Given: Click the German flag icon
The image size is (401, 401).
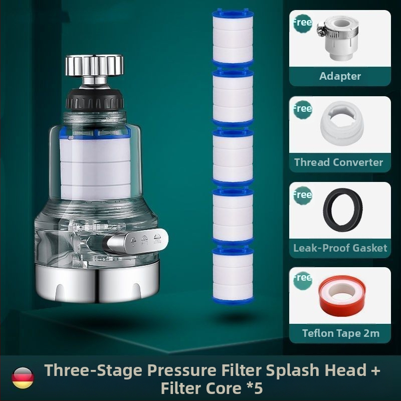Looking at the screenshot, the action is (x=23, y=378).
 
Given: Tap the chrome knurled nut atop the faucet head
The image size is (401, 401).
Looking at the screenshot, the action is (x=94, y=65).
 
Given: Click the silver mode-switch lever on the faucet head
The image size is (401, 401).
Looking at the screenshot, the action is (x=137, y=241).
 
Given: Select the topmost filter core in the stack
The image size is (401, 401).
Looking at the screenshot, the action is (x=233, y=37).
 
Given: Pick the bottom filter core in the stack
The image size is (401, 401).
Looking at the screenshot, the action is (x=233, y=275).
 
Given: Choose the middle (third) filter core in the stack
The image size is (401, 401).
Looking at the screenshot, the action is (x=233, y=156).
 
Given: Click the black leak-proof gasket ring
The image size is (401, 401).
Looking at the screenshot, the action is (x=343, y=210).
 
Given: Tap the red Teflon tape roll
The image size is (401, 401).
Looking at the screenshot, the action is (x=342, y=296).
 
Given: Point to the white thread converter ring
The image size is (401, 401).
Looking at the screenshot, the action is (x=342, y=123).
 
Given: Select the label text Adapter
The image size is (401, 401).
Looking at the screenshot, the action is (x=340, y=76).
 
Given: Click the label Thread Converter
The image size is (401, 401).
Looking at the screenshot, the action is (x=338, y=162).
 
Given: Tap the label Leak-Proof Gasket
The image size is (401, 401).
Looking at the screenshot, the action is (x=340, y=248).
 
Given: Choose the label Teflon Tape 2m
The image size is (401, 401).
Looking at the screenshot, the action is (x=341, y=333).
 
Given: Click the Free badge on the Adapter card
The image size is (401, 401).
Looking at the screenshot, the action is (x=303, y=23).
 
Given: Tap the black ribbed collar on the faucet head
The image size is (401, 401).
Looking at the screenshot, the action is (x=95, y=99).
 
